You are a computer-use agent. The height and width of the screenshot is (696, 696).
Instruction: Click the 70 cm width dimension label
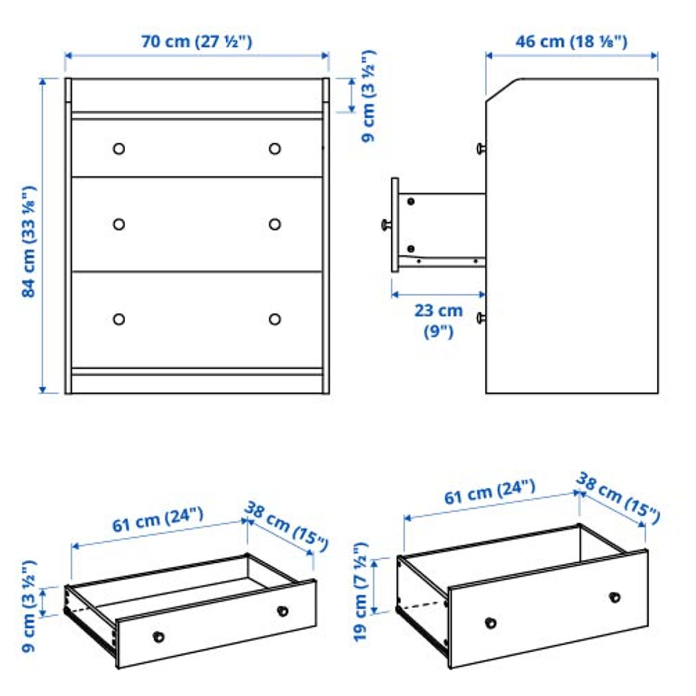click(196, 41)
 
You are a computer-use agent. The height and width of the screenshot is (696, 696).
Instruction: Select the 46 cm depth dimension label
click(571, 41)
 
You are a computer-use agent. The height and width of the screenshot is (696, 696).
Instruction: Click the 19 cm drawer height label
click(361, 592)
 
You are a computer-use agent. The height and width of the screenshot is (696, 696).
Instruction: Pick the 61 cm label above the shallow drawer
click(158, 520)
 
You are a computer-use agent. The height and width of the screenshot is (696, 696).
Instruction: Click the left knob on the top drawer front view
click(119, 149)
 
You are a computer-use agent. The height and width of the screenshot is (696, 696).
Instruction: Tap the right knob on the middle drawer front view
click(275, 224)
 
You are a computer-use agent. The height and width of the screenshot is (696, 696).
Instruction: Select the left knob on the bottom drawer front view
click(119, 319)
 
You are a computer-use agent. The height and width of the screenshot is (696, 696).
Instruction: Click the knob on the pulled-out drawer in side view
click(386, 225)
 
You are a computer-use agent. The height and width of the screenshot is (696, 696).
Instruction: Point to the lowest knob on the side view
click(480, 318)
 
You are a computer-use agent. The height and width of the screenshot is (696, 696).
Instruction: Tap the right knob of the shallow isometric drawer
click(282, 611)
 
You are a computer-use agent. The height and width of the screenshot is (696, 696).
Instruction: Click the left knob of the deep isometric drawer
click(491, 623)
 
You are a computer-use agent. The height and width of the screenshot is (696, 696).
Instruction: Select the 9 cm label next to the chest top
click(368, 95)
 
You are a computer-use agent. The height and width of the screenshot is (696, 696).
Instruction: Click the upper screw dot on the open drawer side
click(411, 201)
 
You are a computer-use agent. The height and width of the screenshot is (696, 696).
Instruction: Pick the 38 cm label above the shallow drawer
click(286, 526)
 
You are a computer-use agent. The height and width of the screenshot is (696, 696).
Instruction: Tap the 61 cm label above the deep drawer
click(490, 492)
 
